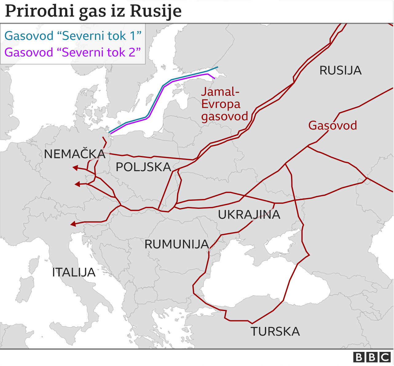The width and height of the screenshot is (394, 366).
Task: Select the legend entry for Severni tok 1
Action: [73, 36]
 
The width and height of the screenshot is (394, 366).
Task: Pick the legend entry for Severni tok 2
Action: [73, 53]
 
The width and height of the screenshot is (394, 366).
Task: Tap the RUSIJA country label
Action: [340, 71]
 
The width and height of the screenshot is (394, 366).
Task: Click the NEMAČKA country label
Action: [75, 154]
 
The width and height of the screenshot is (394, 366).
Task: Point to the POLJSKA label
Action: [143, 167]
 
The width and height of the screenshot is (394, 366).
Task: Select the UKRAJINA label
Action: [249, 215]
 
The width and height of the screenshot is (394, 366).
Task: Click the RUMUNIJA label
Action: [177, 244]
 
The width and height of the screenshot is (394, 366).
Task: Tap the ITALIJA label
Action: [74, 272]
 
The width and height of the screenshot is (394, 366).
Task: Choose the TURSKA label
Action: [275, 332]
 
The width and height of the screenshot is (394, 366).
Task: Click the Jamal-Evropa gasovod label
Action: [224, 104]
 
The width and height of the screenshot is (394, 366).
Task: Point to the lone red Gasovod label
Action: [333, 126]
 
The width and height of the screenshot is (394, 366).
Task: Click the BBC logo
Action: [372, 357]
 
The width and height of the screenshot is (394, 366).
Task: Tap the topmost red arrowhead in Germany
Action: [75, 168]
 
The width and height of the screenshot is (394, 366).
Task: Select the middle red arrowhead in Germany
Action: [77, 184]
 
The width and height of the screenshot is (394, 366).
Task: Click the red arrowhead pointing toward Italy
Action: [73, 224]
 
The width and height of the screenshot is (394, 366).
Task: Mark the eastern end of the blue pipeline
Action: [217, 67]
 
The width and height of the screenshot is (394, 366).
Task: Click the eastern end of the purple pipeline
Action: [214, 78]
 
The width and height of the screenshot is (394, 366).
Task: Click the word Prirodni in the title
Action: [40, 11]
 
